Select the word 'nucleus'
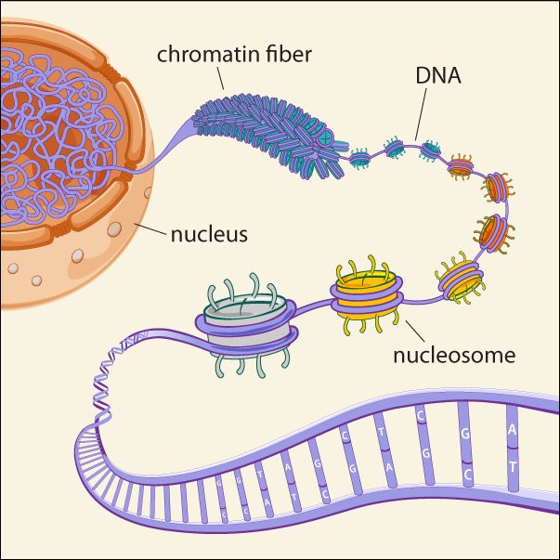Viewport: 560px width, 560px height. tap(209, 233)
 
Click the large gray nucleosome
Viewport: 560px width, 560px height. tap(242, 326)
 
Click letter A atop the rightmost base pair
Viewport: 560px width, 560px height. tap(513, 430)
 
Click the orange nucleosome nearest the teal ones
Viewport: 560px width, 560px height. tap(461, 168)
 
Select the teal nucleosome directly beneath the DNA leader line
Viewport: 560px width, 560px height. tap(431, 148)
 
